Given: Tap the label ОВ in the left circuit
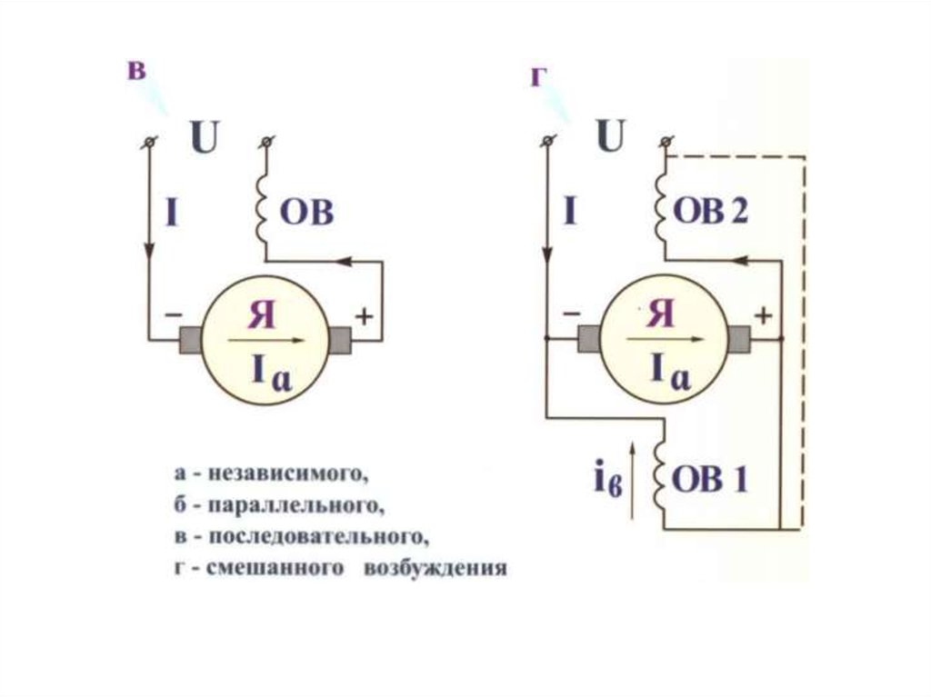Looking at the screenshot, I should [x=306, y=214].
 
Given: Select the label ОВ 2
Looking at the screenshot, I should [x=712, y=212].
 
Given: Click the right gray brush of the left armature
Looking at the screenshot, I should [x=339, y=340].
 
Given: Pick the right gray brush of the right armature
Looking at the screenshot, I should [x=738, y=339].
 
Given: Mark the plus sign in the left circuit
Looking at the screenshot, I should [x=364, y=316].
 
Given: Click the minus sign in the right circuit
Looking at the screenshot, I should [x=571, y=314].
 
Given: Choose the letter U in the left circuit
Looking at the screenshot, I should [x=205, y=138].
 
